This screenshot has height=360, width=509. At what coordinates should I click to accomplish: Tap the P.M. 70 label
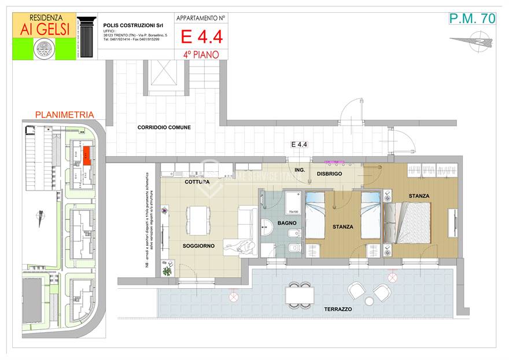[x=472, y=18]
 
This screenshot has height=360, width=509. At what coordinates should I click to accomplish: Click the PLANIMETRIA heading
[x=64, y=115]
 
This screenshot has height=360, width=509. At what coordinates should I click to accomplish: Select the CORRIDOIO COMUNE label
[x=164, y=127]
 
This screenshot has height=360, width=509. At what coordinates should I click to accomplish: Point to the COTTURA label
[x=197, y=182]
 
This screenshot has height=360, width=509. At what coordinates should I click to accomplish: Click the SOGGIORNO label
[x=198, y=246]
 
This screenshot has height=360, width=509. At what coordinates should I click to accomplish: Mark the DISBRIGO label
[x=329, y=174]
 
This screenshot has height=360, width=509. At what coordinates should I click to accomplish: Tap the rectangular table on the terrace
[x=299, y=295]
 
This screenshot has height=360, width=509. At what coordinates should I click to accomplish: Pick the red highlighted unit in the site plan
[x=86, y=155]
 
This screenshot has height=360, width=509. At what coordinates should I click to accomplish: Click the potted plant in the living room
[x=168, y=270]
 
